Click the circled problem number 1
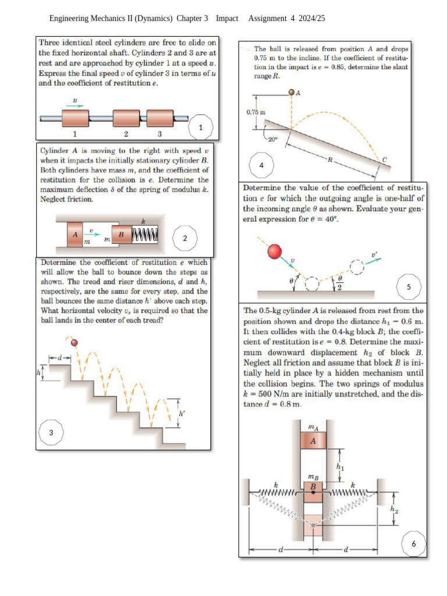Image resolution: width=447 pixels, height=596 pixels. click(x=201, y=127)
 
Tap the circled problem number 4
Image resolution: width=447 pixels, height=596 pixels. click(x=261, y=165)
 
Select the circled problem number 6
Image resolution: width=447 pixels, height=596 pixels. click(x=414, y=544)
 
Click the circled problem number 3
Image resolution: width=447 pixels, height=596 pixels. click(x=51, y=432)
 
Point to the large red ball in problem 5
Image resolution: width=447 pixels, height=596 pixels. click(x=275, y=251)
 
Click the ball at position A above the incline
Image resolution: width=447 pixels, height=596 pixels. click(x=292, y=92)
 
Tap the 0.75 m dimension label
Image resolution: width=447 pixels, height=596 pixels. click(x=256, y=111)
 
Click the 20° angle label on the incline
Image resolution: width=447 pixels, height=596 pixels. click(x=273, y=139)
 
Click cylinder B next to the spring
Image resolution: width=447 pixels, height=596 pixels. click(x=122, y=234)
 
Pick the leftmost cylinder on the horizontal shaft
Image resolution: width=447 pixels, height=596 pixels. click(x=74, y=119)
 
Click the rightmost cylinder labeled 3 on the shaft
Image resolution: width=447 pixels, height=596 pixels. click(x=159, y=119)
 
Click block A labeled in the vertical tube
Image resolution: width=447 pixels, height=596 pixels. click(x=313, y=441)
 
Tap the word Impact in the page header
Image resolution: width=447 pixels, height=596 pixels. click(x=227, y=19)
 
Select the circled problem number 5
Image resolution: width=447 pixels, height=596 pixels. click(x=409, y=287)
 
